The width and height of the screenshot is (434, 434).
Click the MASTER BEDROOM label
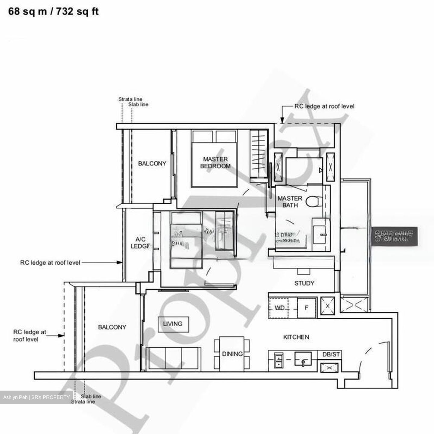(215, 163)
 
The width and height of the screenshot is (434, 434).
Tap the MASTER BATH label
(290, 202)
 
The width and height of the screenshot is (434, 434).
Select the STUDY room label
(304, 283)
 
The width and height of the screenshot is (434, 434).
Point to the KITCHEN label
(296, 337)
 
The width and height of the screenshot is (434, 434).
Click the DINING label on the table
(232, 354)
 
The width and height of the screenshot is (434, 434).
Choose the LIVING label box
(173, 324)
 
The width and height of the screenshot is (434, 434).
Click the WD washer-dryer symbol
(279, 308)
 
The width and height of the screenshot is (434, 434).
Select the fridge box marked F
(307, 308)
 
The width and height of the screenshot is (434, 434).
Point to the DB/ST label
(331, 355)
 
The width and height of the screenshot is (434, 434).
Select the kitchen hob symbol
(278, 361)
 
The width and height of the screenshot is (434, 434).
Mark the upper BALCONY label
(152, 163)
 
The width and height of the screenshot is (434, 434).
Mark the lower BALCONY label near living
(112, 327)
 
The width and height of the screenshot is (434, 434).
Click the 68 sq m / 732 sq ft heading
(53, 11)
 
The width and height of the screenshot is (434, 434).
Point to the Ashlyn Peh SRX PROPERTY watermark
(36, 397)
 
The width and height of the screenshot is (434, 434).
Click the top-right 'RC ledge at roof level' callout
(324, 106)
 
